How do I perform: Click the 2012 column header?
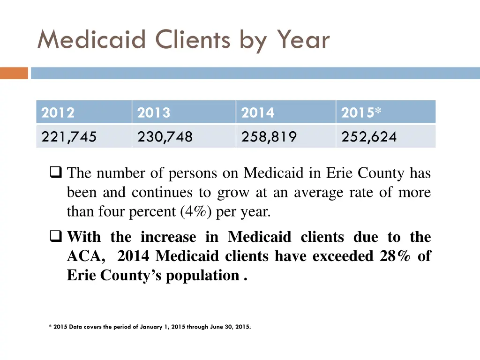[x=58, y=113]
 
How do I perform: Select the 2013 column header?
[x=154, y=113]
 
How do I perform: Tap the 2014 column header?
[x=257, y=113]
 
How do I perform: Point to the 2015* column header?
[x=361, y=113]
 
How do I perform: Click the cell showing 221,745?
[x=69, y=137]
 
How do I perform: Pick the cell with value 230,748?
[x=165, y=137]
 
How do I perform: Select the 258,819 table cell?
[x=269, y=137]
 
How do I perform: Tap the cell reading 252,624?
[x=369, y=137]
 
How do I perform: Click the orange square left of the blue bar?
[x=14, y=74]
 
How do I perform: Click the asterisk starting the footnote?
[x=50, y=327]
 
